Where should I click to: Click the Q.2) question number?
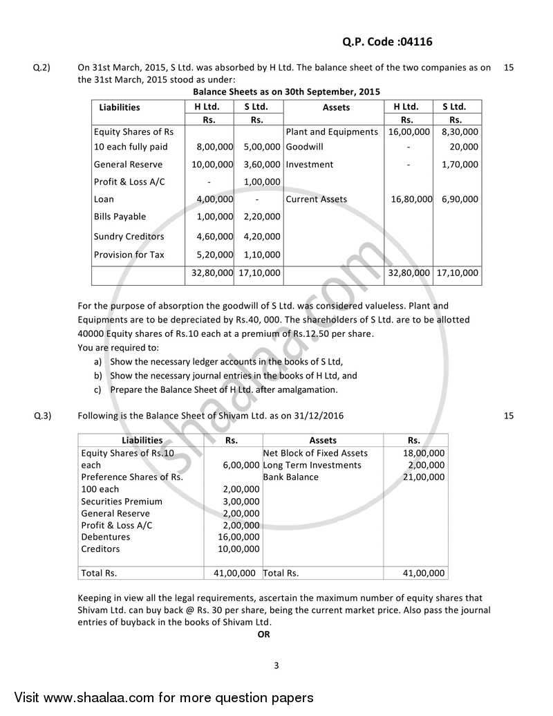click(x=41, y=68)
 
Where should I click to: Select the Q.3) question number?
click(x=41, y=416)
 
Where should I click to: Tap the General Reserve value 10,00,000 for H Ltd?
click(x=212, y=165)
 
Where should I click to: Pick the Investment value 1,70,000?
click(x=460, y=165)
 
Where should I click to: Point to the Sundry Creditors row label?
click(x=129, y=237)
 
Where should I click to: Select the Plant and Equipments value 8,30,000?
click(x=460, y=131)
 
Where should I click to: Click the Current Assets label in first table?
click(x=316, y=199)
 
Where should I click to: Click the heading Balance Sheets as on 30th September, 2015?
click(x=286, y=92)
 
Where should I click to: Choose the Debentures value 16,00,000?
click(x=238, y=537)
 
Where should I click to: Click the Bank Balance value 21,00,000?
click(x=423, y=477)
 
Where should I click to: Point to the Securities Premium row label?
click(x=122, y=502)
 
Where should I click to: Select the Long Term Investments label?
click(x=312, y=466)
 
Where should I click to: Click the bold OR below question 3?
click(x=263, y=634)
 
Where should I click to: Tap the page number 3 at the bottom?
click(x=276, y=666)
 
